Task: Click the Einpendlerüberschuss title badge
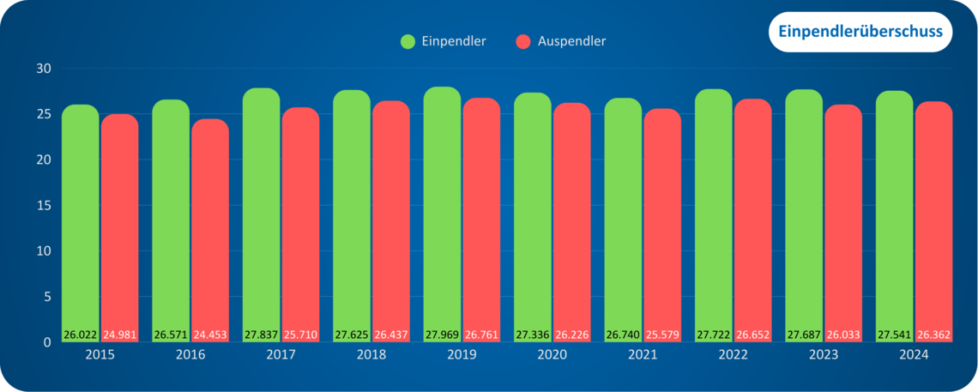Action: click(x=860, y=32)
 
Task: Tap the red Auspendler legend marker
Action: click(x=523, y=41)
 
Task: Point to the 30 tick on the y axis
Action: click(x=44, y=69)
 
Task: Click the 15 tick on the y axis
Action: click(x=44, y=206)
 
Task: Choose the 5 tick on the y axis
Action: click(x=48, y=297)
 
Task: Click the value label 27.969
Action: click(x=442, y=335)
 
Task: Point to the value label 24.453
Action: click(x=209, y=335)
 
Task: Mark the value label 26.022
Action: click(x=80, y=335)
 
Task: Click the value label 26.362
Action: click(x=933, y=335)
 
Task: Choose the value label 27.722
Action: click(x=713, y=335)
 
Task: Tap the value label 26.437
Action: click(x=390, y=335)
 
